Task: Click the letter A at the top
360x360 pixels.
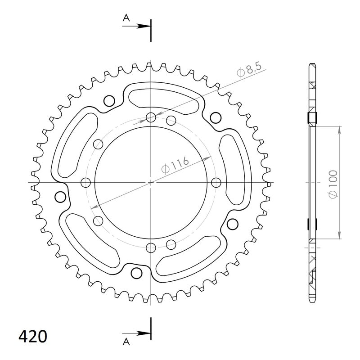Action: (x=126, y=18)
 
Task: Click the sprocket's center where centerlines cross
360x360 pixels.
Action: (x=150, y=183)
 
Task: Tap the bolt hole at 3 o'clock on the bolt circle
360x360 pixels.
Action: (x=216, y=182)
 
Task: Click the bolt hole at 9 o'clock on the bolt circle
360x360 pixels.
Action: (x=85, y=182)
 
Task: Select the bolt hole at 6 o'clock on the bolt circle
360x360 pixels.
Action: (x=150, y=247)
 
